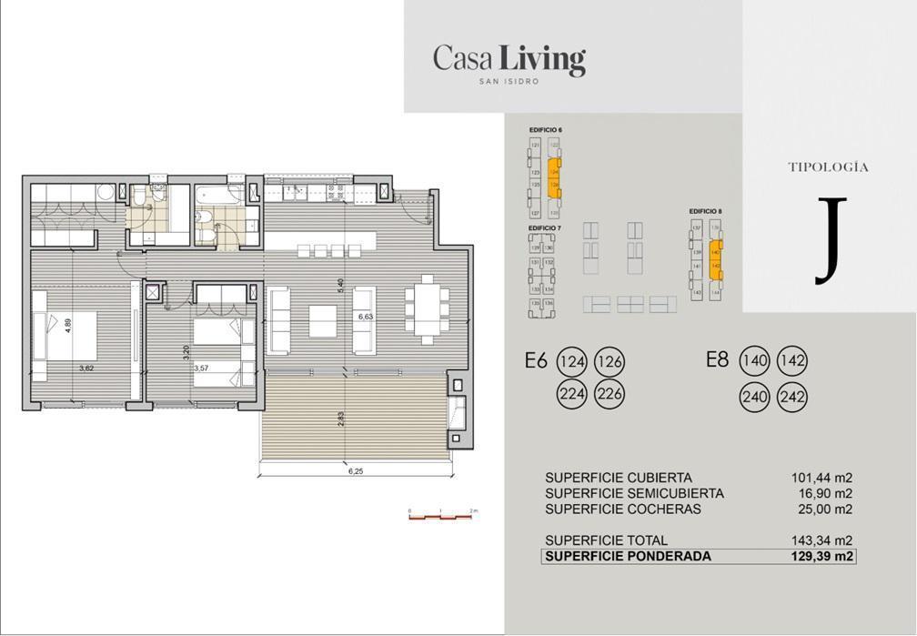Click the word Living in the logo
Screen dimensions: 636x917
point(542,60)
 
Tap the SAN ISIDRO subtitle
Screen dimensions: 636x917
point(509,82)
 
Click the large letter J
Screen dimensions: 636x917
point(829,240)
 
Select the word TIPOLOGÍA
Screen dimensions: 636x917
point(828,167)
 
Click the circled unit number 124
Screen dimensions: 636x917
point(573,361)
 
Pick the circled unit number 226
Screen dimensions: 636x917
point(610,396)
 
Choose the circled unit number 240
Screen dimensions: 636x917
point(755,396)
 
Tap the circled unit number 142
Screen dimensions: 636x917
point(793,361)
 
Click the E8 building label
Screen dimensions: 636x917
point(718,360)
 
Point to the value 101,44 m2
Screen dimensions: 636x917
point(822,478)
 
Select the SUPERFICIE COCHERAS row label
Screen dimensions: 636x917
point(623,510)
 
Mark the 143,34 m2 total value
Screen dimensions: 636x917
point(822,540)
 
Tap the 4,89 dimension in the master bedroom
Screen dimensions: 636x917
point(68,326)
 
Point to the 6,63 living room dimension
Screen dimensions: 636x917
point(366,318)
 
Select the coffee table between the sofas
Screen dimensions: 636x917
point(322,321)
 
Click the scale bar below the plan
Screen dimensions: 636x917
point(441,516)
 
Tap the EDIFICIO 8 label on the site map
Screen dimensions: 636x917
point(706,211)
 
